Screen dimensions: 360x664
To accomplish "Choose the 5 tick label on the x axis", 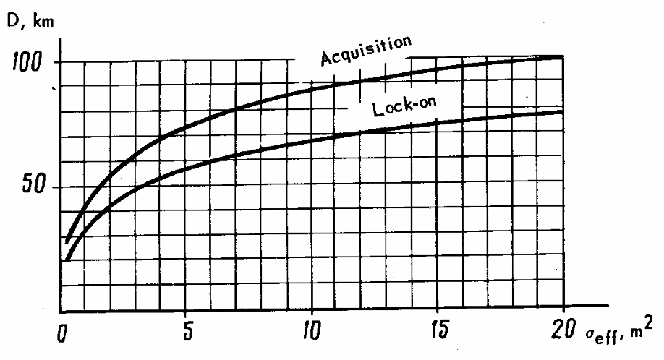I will click(x=187, y=333).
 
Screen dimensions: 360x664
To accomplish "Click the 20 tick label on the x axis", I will click(x=562, y=333).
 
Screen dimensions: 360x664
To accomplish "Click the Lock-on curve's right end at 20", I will click(x=563, y=111).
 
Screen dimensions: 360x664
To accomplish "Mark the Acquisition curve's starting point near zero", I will click(x=67, y=241).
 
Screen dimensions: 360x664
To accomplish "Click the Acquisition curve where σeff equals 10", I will click(x=312, y=86).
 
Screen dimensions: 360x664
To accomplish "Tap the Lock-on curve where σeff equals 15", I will click(x=438, y=124).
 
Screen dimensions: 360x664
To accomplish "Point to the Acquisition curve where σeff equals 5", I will click(x=187, y=128).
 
